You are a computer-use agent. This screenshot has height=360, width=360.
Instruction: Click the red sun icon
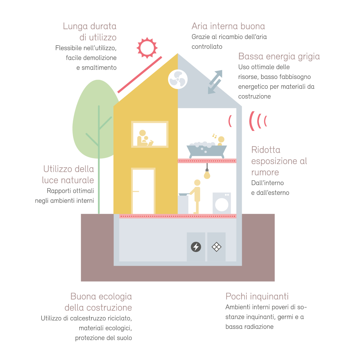pos(147,48)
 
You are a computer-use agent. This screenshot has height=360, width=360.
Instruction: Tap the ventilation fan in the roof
pos(178,79)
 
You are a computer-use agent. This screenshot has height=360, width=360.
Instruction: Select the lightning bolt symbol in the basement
pos(196,247)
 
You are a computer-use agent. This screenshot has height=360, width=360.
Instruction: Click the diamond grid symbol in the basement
pos(216,247)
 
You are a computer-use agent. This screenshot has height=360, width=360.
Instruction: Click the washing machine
pos(222,203)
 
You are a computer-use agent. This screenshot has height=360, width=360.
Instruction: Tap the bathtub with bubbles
pos(207,150)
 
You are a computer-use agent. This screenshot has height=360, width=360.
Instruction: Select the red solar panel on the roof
pos(140,75)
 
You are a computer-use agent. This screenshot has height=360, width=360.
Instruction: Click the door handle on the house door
pos(136,191)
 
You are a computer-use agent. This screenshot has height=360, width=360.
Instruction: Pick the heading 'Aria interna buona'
pos(228,26)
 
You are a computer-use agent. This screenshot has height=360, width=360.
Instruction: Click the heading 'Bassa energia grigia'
pos(279,56)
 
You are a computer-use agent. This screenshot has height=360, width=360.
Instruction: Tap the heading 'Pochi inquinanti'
pos(257,296)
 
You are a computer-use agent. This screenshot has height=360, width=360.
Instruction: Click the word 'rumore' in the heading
pos(265,172)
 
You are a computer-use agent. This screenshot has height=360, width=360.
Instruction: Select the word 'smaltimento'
pos(99,67)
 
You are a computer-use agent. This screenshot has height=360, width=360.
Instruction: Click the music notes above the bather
pos(215,136)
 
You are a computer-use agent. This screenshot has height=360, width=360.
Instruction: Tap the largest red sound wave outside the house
pos(252,121)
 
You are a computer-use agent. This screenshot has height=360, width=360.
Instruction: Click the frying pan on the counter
pos(184,195)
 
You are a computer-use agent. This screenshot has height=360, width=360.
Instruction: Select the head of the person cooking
pos(197,183)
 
